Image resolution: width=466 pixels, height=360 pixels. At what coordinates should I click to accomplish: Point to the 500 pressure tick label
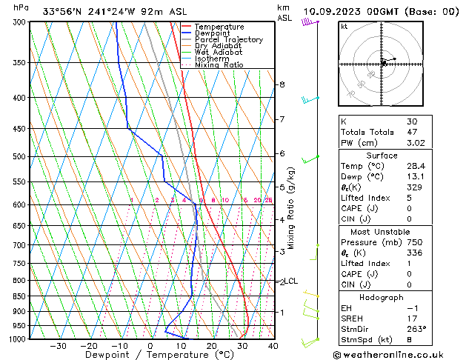(x=19, y=156)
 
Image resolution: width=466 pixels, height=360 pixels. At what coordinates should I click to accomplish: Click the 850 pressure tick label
(x=19, y=296)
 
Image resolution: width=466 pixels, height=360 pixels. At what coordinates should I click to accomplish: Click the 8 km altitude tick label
(x=282, y=84)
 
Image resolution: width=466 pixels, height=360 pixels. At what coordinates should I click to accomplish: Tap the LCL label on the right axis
(x=291, y=281)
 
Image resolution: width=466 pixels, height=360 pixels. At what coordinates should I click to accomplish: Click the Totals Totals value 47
(x=411, y=132)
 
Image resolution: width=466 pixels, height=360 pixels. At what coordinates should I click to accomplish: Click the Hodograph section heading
(x=382, y=297)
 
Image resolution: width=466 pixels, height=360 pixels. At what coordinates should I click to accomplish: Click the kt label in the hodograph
(x=344, y=26)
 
